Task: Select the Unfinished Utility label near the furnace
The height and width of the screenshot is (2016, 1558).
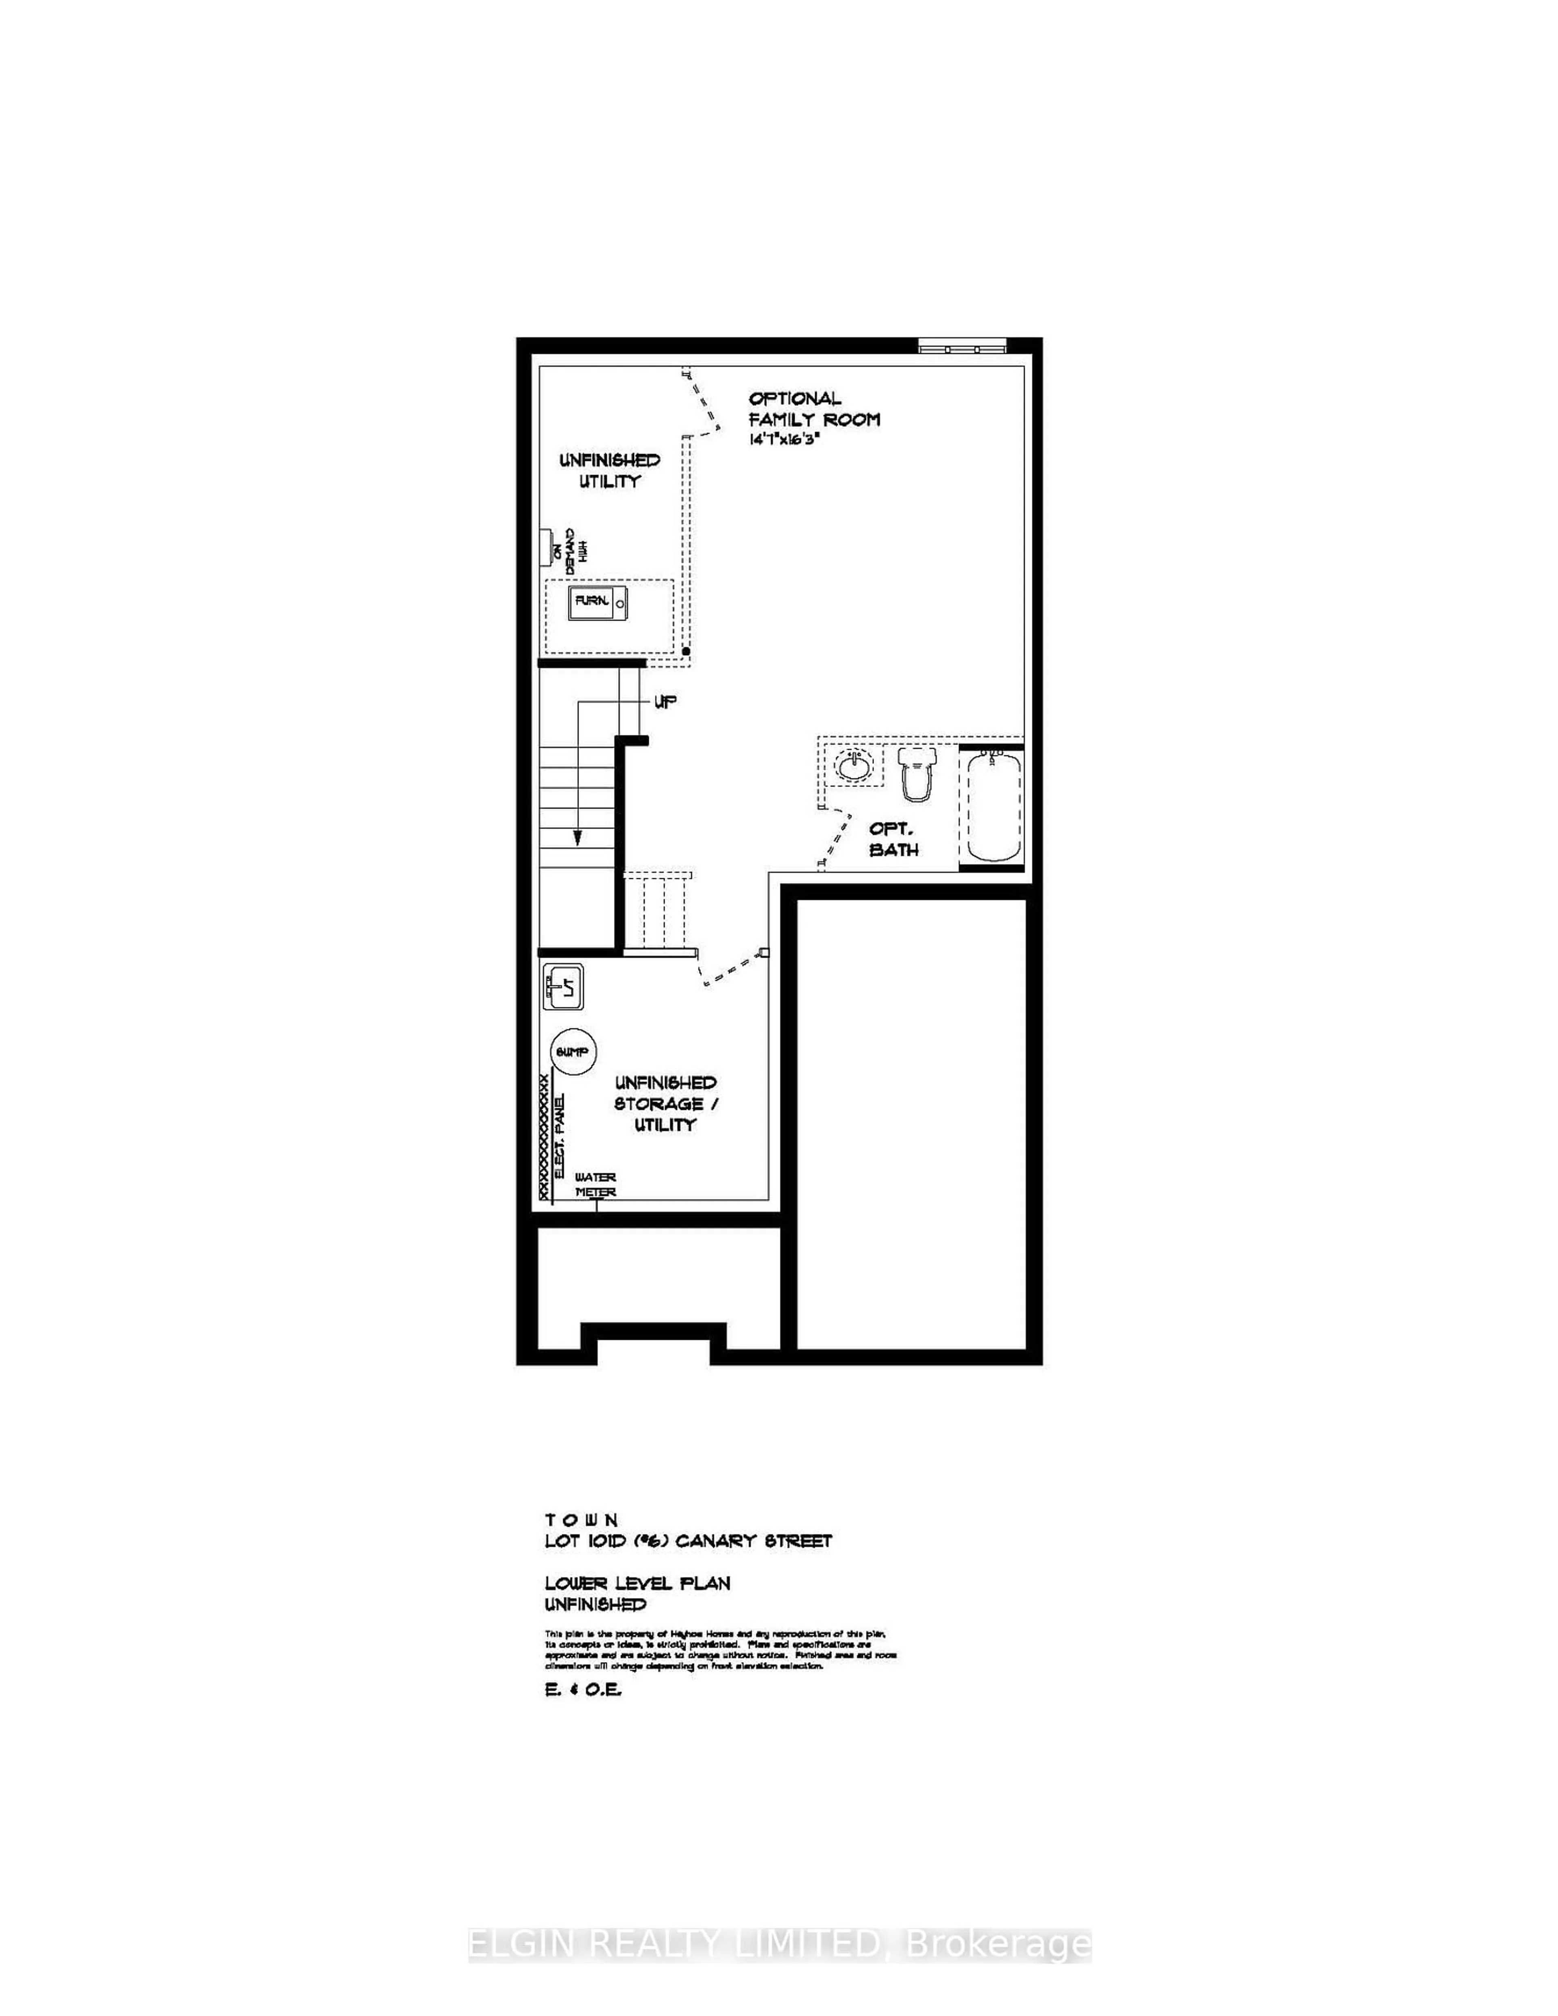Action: pos(609,470)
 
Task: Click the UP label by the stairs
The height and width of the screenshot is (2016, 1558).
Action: pos(665,702)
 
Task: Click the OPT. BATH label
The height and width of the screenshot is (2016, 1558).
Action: pos(893,839)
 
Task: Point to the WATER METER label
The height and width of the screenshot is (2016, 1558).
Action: pos(595,1184)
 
